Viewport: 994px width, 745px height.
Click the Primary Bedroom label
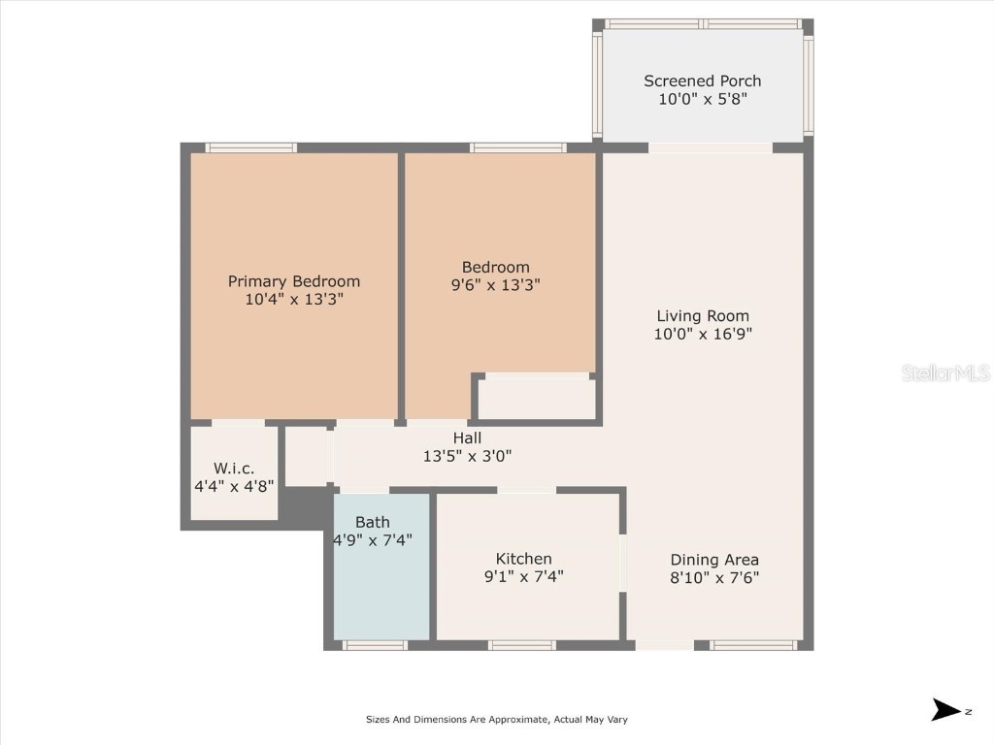(x=293, y=281)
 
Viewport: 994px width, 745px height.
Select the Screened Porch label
(x=702, y=81)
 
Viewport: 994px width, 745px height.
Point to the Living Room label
(x=703, y=315)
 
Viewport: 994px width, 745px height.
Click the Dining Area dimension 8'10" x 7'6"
(x=714, y=577)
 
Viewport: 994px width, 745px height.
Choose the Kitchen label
(x=523, y=559)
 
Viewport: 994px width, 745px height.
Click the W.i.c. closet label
(x=233, y=468)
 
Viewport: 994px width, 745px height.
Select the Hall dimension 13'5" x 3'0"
(x=467, y=456)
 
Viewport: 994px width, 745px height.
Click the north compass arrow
(x=946, y=710)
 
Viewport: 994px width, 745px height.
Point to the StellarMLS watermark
(x=944, y=372)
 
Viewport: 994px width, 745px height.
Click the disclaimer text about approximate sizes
(x=496, y=720)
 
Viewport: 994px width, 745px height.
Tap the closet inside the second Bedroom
(x=537, y=398)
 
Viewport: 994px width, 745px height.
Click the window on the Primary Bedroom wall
(x=251, y=147)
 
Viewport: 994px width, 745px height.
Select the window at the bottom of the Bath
(x=376, y=645)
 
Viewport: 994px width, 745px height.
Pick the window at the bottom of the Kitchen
(x=522, y=645)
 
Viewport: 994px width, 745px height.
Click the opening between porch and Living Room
(x=711, y=147)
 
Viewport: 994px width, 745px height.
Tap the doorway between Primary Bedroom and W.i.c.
(x=238, y=423)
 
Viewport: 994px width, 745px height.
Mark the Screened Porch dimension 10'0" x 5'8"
(x=702, y=99)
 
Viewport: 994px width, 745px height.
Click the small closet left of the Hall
(x=306, y=456)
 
